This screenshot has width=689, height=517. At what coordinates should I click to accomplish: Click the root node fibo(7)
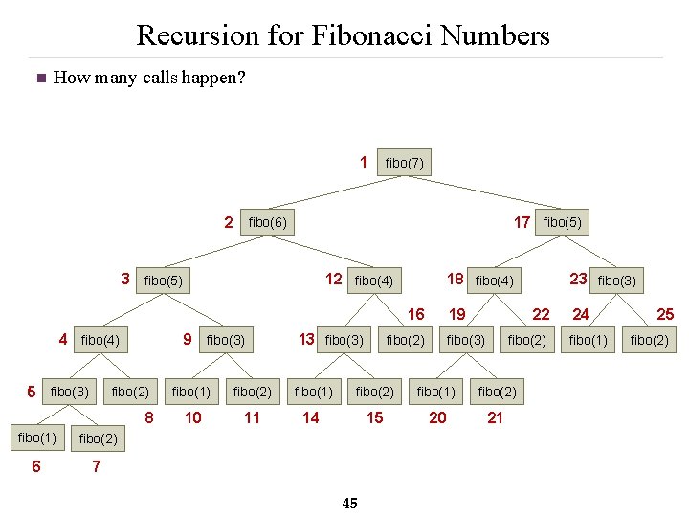click(x=404, y=164)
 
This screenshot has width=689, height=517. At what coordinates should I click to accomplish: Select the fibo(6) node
click(x=267, y=223)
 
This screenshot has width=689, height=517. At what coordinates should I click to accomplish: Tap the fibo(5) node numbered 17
click(x=562, y=223)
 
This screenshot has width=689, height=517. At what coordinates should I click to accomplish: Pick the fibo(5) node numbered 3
click(x=163, y=281)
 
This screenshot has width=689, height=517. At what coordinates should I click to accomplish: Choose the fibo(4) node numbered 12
click(x=373, y=281)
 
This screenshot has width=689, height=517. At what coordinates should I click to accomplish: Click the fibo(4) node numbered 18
click(x=495, y=281)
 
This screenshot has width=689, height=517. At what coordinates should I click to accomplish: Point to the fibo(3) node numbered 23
click(x=616, y=281)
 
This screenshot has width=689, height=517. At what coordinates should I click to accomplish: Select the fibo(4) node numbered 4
click(x=100, y=339)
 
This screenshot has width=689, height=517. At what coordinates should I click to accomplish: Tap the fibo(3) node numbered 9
click(x=226, y=340)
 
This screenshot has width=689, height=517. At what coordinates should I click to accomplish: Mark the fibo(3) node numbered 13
click(x=344, y=340)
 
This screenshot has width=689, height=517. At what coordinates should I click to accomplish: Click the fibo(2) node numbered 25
click(x=649, y=340)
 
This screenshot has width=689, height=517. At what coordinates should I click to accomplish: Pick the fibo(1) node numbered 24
click(x=589, y=340)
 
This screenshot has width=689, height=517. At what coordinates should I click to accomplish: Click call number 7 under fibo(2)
click(x=96, y=466)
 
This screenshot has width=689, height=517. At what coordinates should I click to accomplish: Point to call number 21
click(x=495, y=417)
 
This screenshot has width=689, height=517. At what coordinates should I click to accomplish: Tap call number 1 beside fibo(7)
click(x=364, y=162)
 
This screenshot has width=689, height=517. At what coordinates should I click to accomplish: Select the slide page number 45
click(x=349, y=504)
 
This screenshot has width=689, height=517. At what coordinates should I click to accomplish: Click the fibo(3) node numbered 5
click(x=69, y=391)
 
